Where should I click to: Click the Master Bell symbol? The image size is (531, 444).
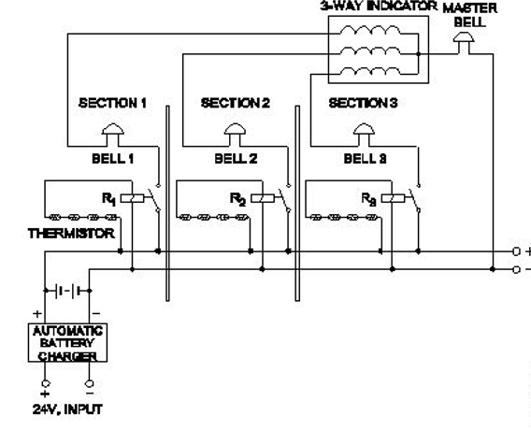point(464,39)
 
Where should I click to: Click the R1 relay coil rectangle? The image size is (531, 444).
point(132,198)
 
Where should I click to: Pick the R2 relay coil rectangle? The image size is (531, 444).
point(263,198)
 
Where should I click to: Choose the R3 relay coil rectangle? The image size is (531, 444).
point(393,198)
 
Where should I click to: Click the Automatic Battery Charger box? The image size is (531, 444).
point(67,343)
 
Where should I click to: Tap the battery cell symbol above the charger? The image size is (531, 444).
point(67,291)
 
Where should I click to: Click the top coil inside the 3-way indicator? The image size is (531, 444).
point(370,30)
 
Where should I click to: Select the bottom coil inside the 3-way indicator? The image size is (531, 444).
point(370,70)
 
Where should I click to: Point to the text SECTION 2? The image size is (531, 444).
point(236,103)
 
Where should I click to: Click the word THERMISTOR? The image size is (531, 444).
point(71,234)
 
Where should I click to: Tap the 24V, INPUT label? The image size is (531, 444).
point(67,409)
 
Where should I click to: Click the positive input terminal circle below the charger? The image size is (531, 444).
point(45,384)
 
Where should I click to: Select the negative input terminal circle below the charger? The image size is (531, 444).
point(90,384)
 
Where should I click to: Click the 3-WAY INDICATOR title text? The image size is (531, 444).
point(379,7)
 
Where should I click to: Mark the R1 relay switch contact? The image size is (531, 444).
point(154,199)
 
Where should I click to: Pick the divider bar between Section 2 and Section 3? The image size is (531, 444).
point(297,203)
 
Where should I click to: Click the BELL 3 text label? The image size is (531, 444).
point(365,159)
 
